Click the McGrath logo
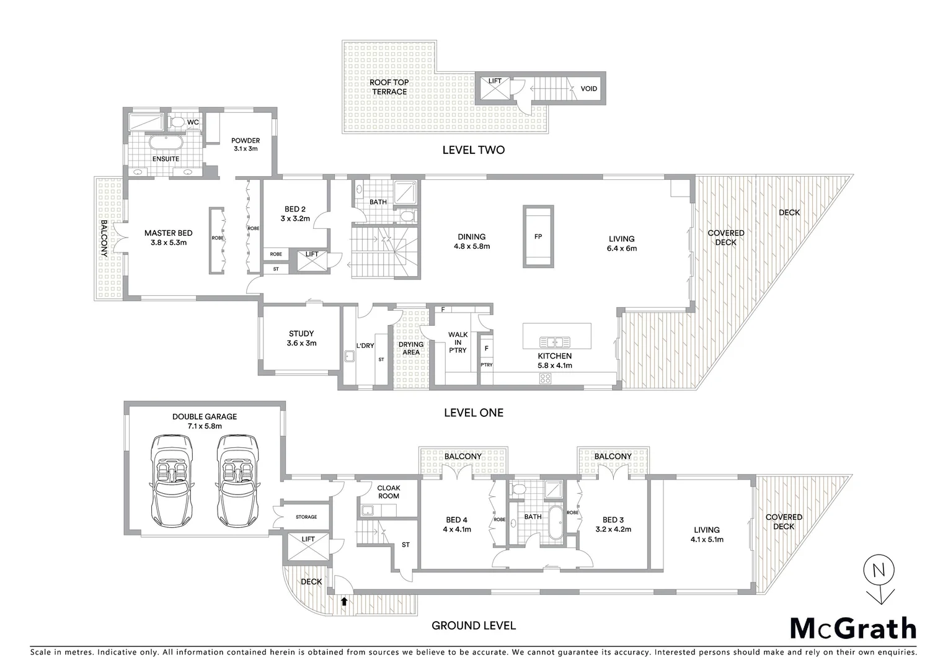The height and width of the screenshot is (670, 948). pyautogui.click(x=853, y=628)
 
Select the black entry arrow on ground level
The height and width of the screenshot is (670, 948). pyautogui.click(x=344, y=601)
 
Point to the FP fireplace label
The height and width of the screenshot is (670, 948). pyautogui.click(x=538, y=237)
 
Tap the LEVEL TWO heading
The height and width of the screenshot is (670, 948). pyautogui.click(x=473, y=150)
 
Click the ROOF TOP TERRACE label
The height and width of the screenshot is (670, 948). pyautogui.click(x=389, y=87)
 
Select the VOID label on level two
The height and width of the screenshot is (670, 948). pyautogui.click(x=588, y=89)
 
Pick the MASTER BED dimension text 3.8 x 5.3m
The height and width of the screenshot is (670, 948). pyautogui.click(x=168, y=243)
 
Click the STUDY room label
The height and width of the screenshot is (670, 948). pyautogui.click(x=301, y=334)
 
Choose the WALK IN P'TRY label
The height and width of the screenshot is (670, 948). pyautogui.click(x=458, y=342)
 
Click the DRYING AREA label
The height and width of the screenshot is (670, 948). pyautogui.click(x=410, y=348)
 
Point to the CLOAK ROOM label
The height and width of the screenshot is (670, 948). pyautogui.click(x=389, y=492)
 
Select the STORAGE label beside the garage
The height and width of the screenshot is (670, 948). pyautogui.click(x=306, y=517)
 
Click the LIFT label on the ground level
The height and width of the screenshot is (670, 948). pyautogui.click(x=308, y=539)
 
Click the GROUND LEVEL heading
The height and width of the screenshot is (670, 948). pyautogui.click(x=473, y=625)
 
